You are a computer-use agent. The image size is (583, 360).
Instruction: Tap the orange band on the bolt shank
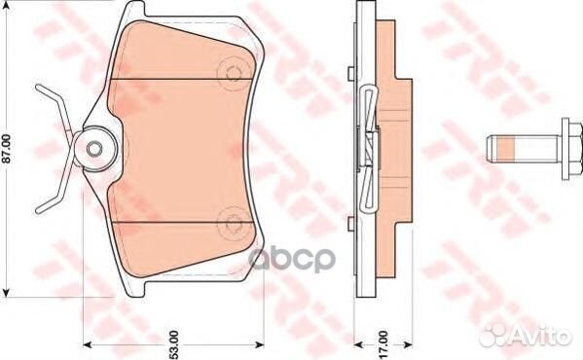(x=506, y=148)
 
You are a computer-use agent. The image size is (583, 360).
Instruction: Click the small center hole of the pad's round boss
(x=93, y=148)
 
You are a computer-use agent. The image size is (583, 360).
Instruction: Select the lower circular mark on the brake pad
(x=234, y=224)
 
